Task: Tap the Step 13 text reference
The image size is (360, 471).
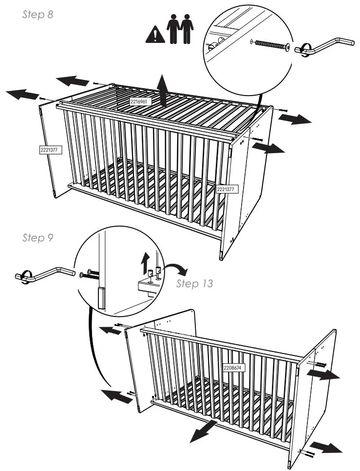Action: pos(194,284)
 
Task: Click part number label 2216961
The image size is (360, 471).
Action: pos(141,101)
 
